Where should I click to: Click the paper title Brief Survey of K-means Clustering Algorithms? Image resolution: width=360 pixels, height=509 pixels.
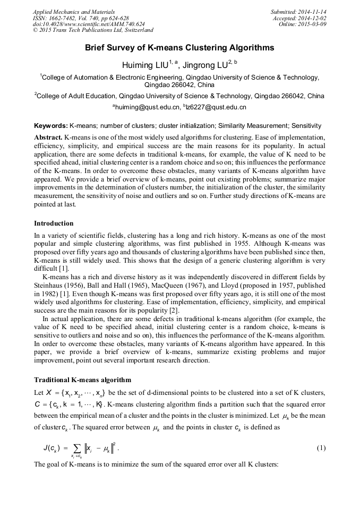[179, 48]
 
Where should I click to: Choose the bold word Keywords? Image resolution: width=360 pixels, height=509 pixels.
[50, 126]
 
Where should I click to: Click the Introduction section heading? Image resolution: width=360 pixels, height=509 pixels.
[54, 223]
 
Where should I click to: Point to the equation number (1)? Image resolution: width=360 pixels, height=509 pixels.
[321, 448]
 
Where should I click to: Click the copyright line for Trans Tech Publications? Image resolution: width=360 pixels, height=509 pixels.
[93, 30]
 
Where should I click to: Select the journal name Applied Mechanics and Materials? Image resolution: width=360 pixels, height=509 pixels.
[73, 11]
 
